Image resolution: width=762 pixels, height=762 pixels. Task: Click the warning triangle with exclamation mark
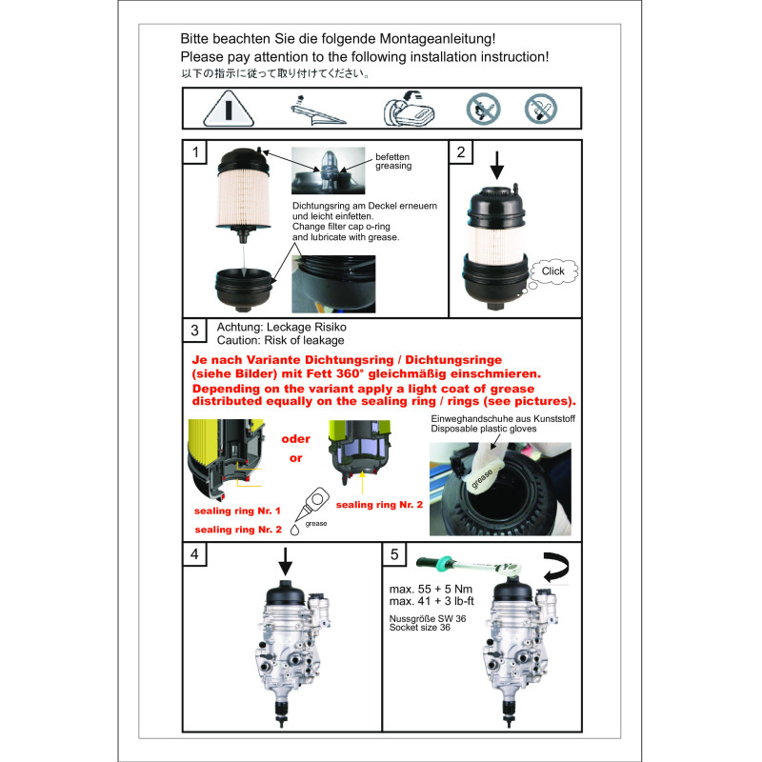pos(229,109)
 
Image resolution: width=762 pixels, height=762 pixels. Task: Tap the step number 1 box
pos(195,152)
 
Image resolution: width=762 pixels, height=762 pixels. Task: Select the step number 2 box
pos(461,152)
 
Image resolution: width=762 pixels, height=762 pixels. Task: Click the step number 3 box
pos(195,331)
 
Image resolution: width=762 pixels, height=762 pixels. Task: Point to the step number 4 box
pos(195,554)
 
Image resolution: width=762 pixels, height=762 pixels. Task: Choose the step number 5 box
pos(394,554)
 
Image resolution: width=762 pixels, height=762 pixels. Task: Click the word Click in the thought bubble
pos(553,271)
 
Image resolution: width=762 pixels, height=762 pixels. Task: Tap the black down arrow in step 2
pos(496,165)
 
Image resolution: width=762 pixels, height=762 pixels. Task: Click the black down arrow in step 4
pos(285,562)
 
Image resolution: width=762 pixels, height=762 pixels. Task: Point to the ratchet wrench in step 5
pos(469,565)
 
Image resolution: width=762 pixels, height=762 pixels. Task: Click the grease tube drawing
pos(311,507)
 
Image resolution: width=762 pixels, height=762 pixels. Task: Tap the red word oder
pos(296,439)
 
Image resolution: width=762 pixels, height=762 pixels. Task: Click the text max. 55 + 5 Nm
pos(431,589)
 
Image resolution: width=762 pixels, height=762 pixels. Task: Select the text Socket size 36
pos(420,628)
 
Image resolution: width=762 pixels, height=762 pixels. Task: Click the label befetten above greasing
pos(392,157)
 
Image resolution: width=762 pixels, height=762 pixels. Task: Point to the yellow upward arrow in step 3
pos(362,483)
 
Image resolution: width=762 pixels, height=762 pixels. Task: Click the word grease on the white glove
pos(482,478)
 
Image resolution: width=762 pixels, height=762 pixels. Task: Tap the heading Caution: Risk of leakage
pos(280,340)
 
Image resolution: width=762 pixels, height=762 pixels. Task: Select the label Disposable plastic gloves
pos(484,429)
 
